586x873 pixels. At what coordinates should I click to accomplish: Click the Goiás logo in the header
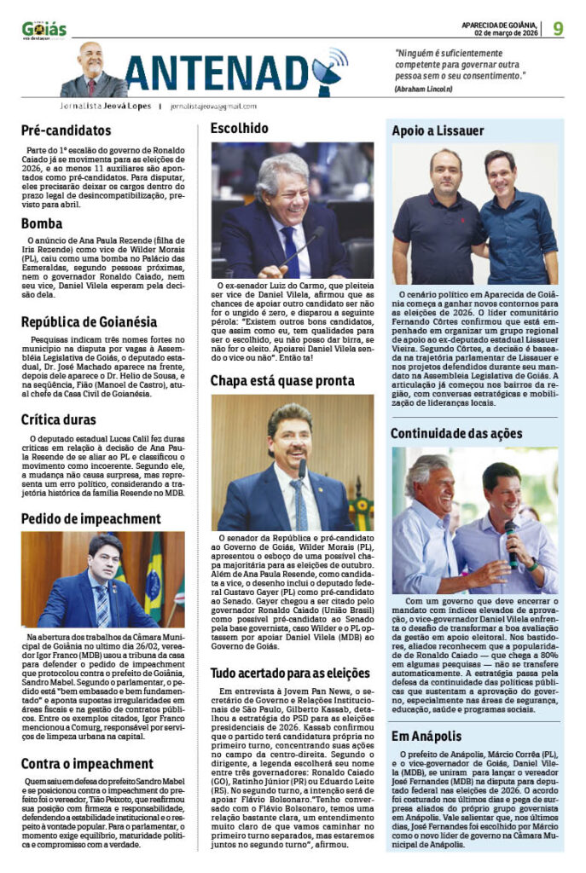point(44,30)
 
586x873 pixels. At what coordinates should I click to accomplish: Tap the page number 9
point(557,28)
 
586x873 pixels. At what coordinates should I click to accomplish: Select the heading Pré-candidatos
point(67,131)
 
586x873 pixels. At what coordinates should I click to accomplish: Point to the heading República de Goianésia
point(89,321)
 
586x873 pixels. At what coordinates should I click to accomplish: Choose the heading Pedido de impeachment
point(90,518)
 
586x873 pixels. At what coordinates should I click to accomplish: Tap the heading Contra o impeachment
point(87,763)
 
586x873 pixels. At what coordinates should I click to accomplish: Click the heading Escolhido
point(240,129)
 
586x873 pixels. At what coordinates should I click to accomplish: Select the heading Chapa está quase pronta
point(282,380)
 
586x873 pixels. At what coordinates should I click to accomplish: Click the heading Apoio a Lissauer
point(438,130)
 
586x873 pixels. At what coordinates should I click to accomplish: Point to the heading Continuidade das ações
point(456,433)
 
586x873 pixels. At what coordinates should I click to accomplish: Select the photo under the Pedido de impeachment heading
point(102,580)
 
